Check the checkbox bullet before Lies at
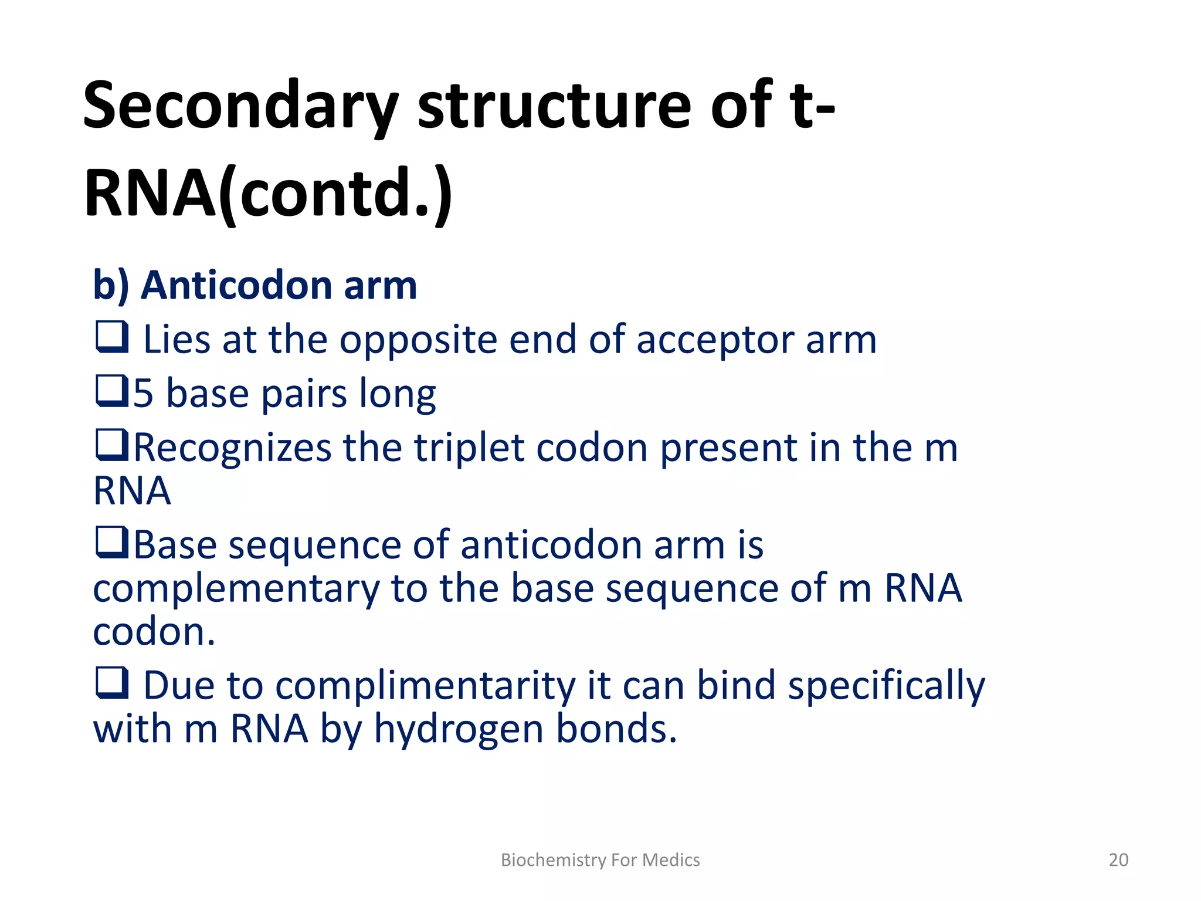coord(112,338)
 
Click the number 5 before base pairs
coord(144,394)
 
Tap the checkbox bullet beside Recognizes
coord(112,446)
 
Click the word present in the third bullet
coord(728,448)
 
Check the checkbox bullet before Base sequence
coord(112,543)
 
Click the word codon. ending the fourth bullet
coord(154,632)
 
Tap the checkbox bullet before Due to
coord(112,683)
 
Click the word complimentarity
coord(427,686)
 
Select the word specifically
coord(886,686)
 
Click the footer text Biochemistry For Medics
coord(600,860)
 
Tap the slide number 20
coord(1118,860)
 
